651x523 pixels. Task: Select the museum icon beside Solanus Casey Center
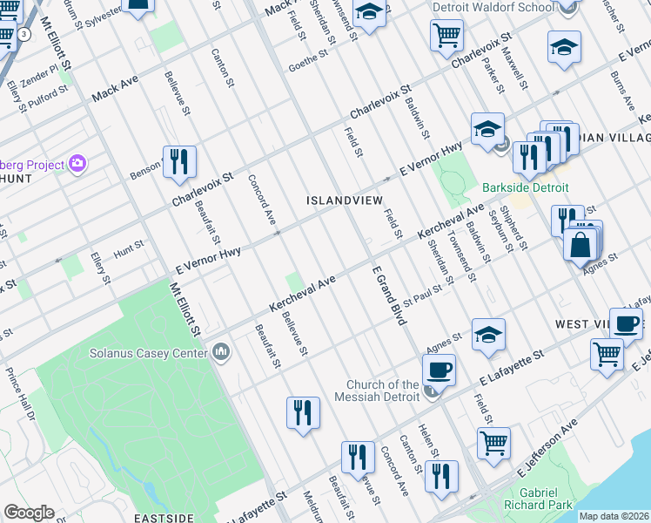click(x=221, y=352)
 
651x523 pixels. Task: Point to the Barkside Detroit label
click(x=526, y=187)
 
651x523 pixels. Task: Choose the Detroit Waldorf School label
click(x=493, y=8)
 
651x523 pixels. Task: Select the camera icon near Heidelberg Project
click(x=77, y=163)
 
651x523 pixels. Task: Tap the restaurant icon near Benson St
click(x=179, y=161)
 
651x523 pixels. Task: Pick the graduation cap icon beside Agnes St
click(x=488, y=334)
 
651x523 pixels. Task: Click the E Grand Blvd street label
click(x=391, y=296)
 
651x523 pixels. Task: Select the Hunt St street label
click(x=128, y=249)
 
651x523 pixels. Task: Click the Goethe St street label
click(x=306, y=58)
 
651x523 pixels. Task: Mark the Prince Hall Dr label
click(x=21, y=391)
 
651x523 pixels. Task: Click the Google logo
click(x=29, y=513)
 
